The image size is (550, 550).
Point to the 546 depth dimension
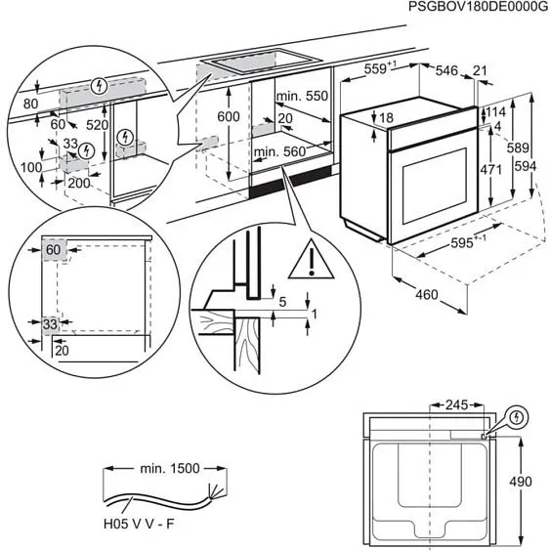446,69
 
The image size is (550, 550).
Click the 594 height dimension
526,166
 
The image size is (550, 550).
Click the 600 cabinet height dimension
227,116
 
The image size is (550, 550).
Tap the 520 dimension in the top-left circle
97,126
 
